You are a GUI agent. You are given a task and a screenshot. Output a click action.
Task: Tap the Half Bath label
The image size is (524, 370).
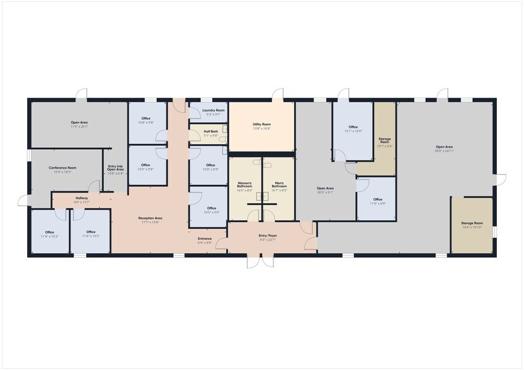(x=211, y=132)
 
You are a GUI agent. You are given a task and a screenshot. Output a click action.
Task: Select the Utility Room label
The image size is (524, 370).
(x=261, y=125)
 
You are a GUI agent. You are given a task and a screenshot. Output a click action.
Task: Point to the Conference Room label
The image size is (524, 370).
(x=62, y=167)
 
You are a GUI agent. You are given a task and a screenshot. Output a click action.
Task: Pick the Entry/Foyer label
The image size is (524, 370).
(x=268, y=235)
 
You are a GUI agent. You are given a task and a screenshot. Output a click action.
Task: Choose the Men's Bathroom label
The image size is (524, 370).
(x=279, y=185)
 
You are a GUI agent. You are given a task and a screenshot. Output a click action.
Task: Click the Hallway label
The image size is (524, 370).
(x=82, y=198)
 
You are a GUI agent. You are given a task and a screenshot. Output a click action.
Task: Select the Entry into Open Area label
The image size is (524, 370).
(x=115, y=167)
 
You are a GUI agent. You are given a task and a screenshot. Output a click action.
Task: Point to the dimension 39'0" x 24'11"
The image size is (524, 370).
(x=445, y=151)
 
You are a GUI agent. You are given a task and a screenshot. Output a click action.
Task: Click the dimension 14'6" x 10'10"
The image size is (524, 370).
(x=471, y=227)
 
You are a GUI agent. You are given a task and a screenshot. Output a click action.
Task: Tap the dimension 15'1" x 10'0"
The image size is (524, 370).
(x=353, y=131)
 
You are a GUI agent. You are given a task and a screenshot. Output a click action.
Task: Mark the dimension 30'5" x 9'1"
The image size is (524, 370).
(x=325, y=192)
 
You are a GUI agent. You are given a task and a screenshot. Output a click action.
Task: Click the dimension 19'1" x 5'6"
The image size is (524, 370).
(x=384, y=145)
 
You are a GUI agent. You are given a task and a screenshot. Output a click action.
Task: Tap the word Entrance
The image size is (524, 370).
(x=205, y=238)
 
